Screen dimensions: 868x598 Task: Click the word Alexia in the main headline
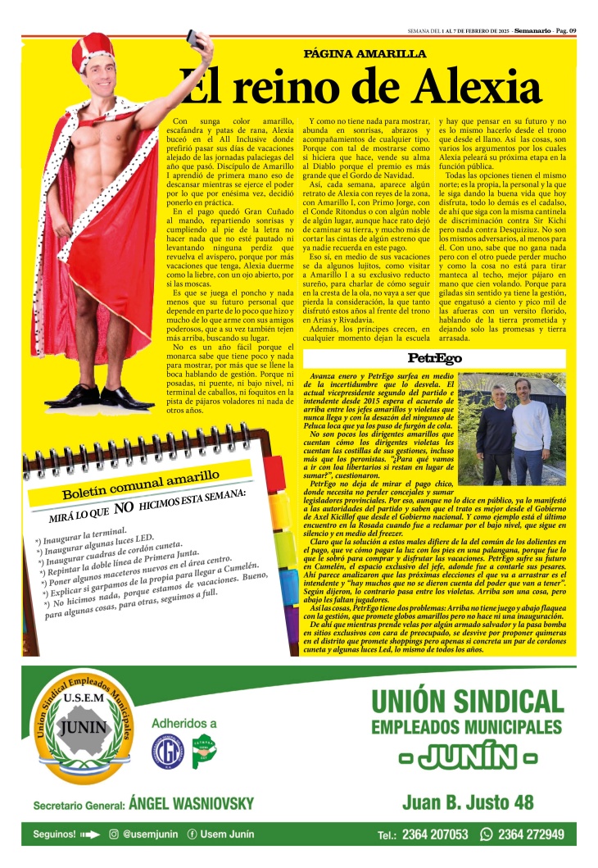[x=468, y=86]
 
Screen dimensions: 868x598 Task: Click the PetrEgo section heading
[x=434, y=359]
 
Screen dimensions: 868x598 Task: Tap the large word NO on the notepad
[x=124, y=508]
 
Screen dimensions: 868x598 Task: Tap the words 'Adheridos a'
[x=184, y=723]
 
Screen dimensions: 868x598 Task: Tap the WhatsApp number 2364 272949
[x=530, y=835]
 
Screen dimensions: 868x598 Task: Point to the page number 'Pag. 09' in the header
[x=565, y=30]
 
